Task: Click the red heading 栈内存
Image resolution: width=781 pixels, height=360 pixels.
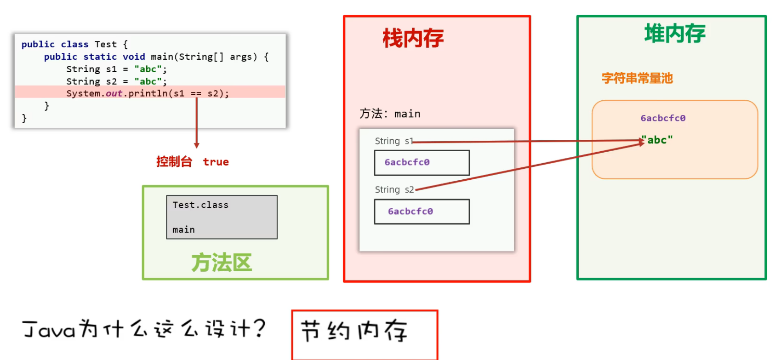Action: (x=413, y=38)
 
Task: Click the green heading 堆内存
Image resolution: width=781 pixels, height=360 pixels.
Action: (x=674, y=34)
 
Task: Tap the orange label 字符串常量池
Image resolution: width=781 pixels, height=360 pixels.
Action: (x=637, y=78)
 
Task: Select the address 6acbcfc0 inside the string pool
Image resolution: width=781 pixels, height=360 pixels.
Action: (x=663, y=118)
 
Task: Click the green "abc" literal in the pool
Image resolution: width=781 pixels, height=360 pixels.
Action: (x=658, y=140)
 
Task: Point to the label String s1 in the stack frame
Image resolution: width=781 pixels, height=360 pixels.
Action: (x=394, y=141)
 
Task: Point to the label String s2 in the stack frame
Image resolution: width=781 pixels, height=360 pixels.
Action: (x=394, y=189)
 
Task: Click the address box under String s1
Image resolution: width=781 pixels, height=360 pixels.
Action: (x=422, y=163)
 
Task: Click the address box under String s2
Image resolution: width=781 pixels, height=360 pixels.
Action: (x=422, y=211)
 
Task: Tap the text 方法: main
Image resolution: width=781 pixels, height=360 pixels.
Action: (x=390, y=114)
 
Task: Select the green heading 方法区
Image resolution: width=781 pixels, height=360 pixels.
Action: (x=222, y=263)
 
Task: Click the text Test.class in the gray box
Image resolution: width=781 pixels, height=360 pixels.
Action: (x=200, y=205)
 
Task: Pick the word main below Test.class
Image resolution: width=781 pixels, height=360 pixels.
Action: (x=183, y=229)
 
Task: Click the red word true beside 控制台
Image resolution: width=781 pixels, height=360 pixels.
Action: (x=216, y=162)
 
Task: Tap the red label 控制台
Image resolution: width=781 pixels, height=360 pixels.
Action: (x=174, y=162)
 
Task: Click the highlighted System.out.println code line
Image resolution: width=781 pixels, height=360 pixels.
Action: (x=148, y=93)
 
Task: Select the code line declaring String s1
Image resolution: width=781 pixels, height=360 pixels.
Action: (x=116, y=69)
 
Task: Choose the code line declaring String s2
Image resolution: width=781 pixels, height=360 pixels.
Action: (x=116, y=81)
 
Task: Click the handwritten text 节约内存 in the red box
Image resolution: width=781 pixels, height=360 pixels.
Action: (x=354, y=331)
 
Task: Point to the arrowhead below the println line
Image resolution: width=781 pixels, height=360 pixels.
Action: (x=197, y=145)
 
